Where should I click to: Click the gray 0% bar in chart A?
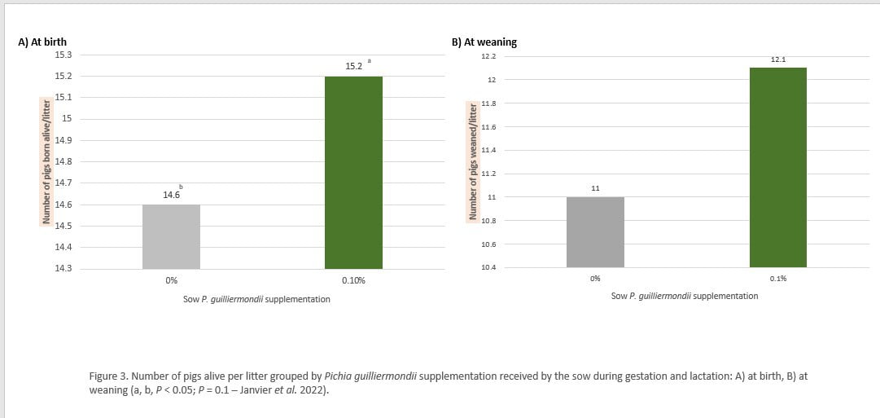[171, 236]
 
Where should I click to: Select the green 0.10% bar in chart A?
[353, 172]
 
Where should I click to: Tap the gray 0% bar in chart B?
[595, 232]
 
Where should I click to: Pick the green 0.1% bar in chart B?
[777, 167]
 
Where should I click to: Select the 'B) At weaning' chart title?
[484, 42]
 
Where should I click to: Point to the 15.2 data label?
[354, 66]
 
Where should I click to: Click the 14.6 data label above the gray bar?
[170, 195]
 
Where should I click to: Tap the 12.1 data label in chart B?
[777, 59]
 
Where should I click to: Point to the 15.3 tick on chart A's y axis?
[63, 55]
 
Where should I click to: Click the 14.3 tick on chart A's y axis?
[63, 268]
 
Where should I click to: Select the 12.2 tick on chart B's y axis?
[488, 56]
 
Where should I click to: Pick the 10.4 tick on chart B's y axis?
[488, 267]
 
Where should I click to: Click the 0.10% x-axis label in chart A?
[353, 280]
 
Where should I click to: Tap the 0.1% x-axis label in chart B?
[777, 279]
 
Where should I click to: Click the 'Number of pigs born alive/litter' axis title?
[46, 160]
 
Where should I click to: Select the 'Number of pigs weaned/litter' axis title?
[471, 161]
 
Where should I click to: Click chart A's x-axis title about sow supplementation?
[256, 299]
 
